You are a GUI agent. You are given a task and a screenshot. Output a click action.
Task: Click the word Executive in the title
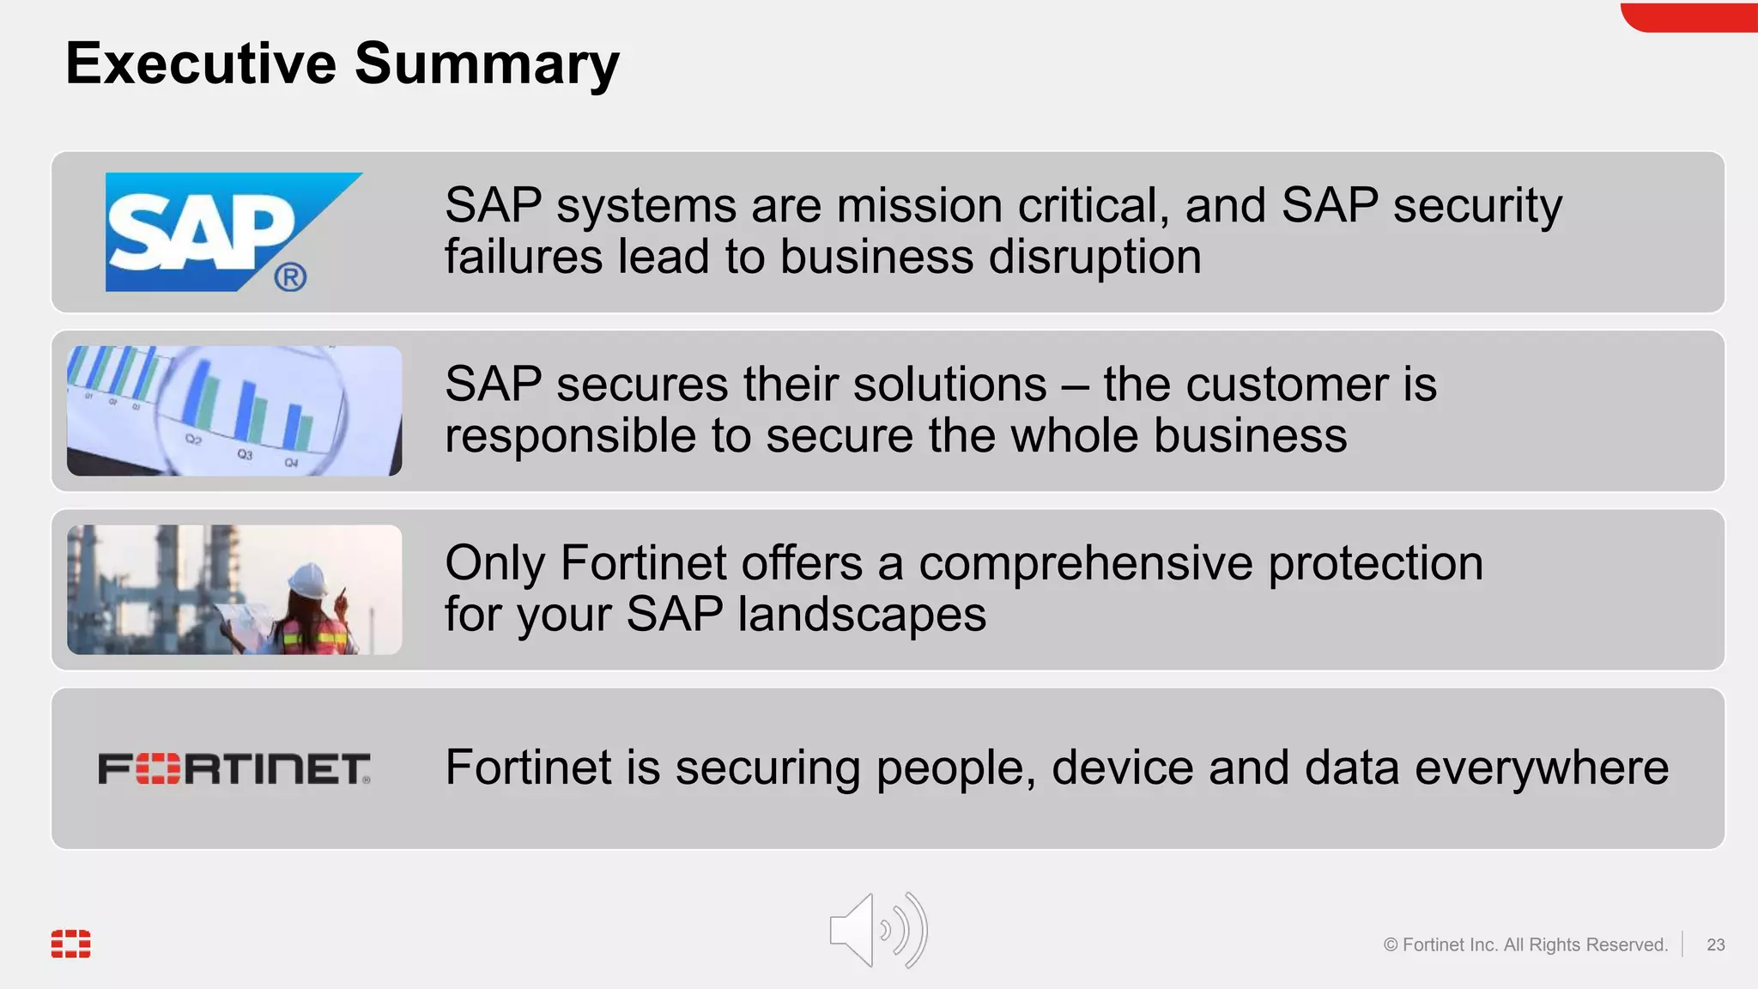[201, 64]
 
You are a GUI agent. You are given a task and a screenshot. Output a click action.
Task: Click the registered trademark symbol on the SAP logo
[290, 277]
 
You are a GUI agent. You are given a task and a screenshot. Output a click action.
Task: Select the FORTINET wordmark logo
[234, 768]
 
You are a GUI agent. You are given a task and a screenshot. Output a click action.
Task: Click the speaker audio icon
[877, 931]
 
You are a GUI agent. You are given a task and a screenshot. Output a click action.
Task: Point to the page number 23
[1715, 944]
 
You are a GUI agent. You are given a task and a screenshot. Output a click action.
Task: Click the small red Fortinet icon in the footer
[70, 943]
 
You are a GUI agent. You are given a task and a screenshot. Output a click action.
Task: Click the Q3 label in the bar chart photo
[246, 453]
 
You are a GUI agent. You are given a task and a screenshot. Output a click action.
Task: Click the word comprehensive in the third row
[1085, 564]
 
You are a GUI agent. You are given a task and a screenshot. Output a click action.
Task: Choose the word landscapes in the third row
[862, 615]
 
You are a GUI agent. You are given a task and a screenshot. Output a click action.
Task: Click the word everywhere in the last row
[1541, 767]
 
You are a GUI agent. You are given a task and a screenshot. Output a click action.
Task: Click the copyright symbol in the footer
[1391, 944]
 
